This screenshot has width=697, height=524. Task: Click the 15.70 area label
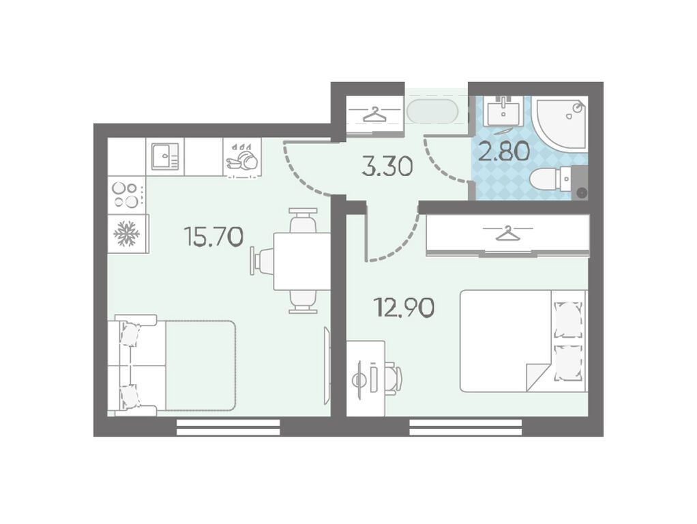[x=214, y=236]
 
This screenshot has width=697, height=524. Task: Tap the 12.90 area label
[x=404, y=307]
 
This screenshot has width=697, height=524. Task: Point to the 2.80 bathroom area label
[x=503, y=151]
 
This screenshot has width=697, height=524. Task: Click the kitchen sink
[x=165, y=156]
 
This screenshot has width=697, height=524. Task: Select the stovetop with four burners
[x=127, y=195]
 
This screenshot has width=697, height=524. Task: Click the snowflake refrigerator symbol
[x=127, y=234]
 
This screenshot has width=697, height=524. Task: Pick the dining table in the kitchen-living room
[x=301, y=261]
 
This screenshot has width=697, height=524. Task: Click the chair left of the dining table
[x=263, y=261]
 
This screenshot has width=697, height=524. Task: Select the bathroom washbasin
[x=503, y=111]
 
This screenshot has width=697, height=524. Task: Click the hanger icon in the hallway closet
[x=374, y=115]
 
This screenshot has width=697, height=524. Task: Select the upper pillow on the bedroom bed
[x=569, y=319]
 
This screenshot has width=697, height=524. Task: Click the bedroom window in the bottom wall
[x=465, y=427]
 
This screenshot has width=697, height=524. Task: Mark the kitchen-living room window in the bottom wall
[x=228, y=427]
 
